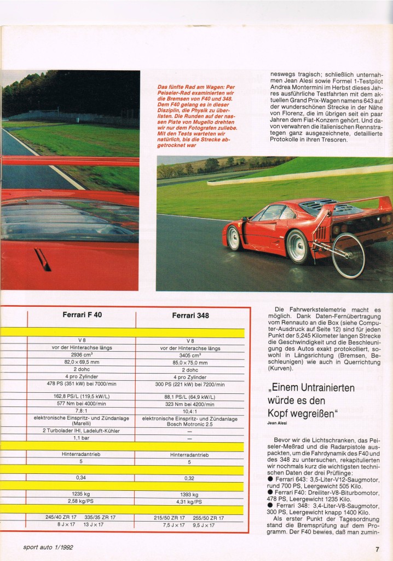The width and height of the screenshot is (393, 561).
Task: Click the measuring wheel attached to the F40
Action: tap(348, 255)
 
